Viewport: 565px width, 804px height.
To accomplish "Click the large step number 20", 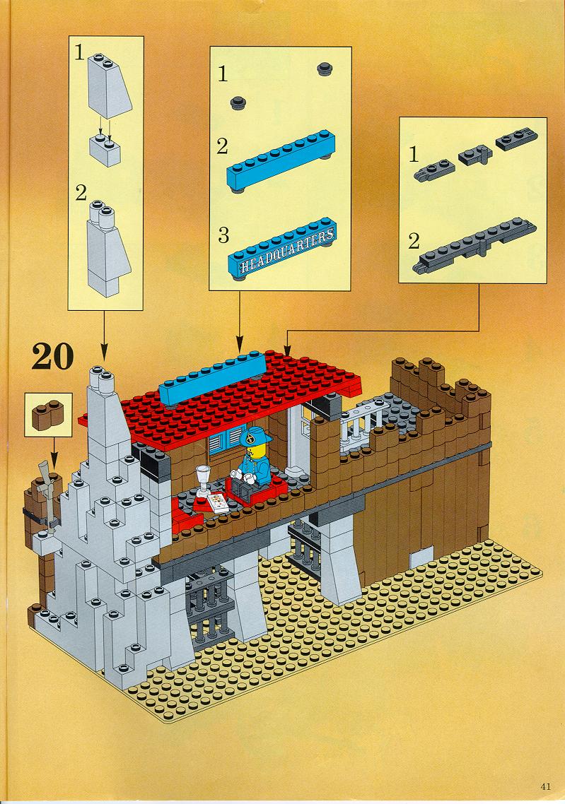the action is pyautogui.click(x=52, y=356).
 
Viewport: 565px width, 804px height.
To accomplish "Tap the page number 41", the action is pyautogui.click(x=545, y=786).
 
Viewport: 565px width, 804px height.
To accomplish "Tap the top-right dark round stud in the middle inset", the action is pyautogui.click(x=325, y=69).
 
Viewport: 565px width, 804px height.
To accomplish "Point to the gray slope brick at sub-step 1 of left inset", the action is pyautogui.click(x=110, y=85).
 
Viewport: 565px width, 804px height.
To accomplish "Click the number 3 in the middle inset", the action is pyautogui.click(x=223, y=235).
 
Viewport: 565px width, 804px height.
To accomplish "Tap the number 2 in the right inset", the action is pyautogui.click(x=414, y=240).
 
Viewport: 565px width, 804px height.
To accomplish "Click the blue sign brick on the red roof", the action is pyautogui.click(x=213, y=379).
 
